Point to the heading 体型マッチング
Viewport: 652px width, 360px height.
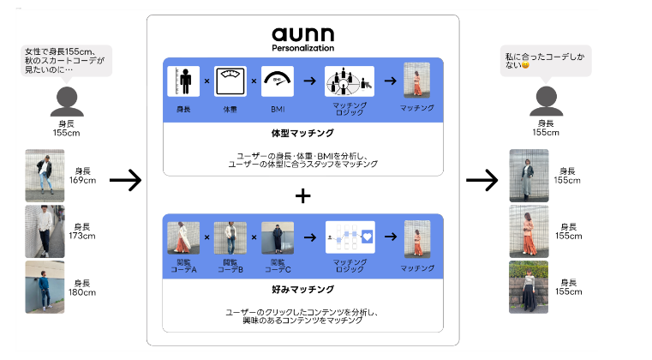pos(302,134)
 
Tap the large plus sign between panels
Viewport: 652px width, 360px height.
pos(302,195)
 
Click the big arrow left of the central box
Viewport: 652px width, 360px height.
pos(125,180)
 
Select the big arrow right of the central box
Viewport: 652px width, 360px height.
pos(482,180)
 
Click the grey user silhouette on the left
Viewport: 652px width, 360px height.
pos(66,102)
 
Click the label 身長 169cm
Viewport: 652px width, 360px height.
pos(83,176)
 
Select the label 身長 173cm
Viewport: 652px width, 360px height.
pos(83,231)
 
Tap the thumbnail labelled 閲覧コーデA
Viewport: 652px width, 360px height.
pos(183,237)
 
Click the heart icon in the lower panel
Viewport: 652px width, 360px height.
pos(366,235)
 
